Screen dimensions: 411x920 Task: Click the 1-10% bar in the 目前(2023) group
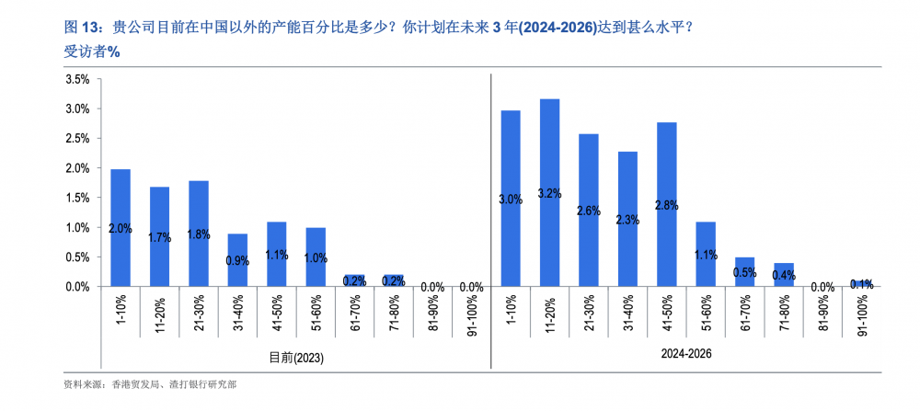[121, 227]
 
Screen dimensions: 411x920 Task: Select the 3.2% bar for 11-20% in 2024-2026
[550, 192]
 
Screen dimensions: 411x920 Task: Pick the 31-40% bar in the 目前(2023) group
[237, 260]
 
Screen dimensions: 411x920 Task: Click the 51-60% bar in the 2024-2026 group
[707, 254]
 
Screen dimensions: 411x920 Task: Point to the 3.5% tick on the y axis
[77, 79]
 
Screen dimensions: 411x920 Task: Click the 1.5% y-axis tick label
[77, 198]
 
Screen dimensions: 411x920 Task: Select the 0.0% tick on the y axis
[77, 287]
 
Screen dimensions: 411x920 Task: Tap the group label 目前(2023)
[296, 356]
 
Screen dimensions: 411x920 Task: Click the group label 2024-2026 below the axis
[687, 353]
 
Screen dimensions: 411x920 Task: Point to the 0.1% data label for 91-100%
[862, 284]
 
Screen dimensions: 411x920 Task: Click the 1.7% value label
[159, 237]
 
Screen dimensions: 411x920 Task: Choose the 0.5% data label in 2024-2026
[745, 272]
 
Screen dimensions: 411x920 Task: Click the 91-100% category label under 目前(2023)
[472, 314]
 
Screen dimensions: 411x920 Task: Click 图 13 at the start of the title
[80, 28]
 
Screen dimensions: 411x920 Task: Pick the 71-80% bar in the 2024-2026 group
[784, 275]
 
